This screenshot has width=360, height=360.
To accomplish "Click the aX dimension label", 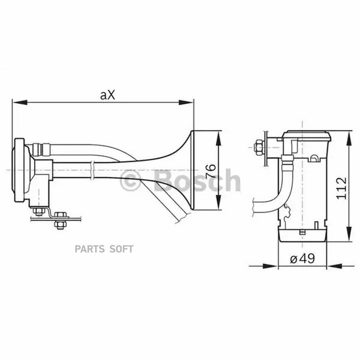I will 107,95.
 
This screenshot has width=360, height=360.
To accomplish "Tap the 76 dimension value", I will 210,171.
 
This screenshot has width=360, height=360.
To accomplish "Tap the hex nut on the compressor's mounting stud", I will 258,147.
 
